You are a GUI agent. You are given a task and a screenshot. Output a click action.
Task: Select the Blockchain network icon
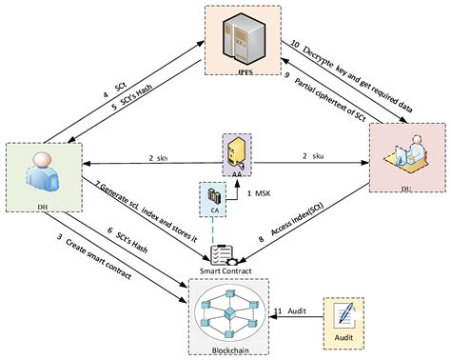227,309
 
